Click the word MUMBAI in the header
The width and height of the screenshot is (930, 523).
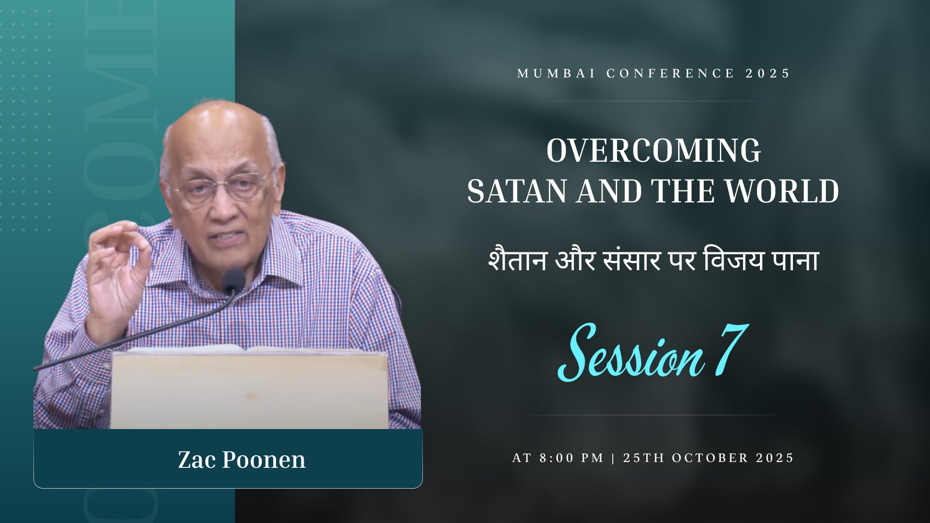pyautogui.click(x=557, y=74)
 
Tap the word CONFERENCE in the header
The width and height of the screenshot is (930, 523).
pyautogui.click(x=670, y=74)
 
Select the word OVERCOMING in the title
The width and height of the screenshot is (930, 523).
pyautogui.click(x=654, y=151)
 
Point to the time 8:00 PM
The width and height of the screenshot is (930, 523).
pyautogui.click(x=572, y=458)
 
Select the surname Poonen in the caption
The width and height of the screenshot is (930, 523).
pyautogui.click(x=264, y=460)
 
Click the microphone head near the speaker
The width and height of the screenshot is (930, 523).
pyautogui.click(x=233, y=281)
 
